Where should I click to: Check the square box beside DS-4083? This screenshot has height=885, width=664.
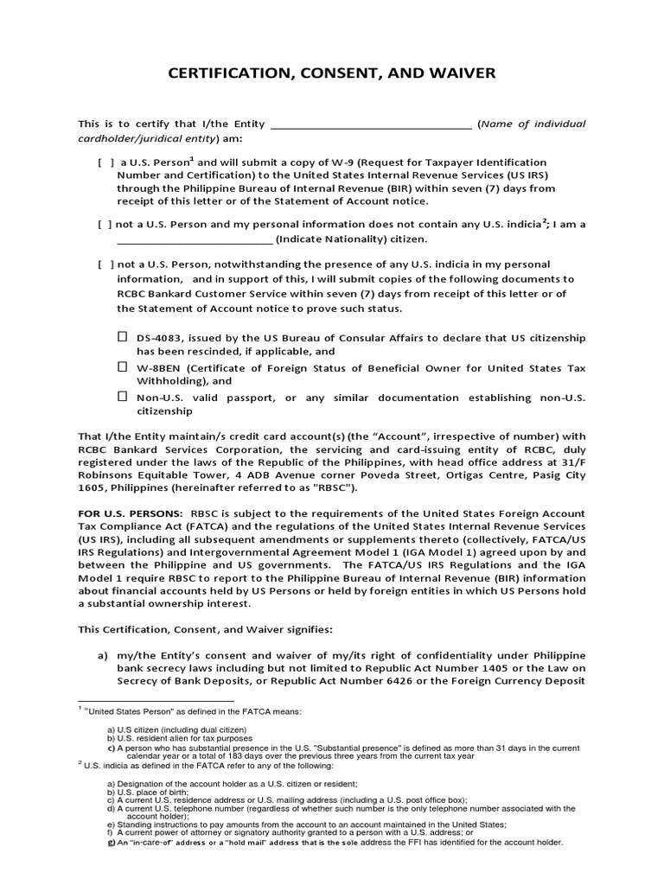click(x=123, y=336)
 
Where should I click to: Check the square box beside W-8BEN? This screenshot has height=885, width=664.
click(x=123, y=367)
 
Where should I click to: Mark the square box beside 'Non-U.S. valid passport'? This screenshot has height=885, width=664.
click(x=123, y=398)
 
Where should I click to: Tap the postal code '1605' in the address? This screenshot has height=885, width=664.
click(x=93, y=487)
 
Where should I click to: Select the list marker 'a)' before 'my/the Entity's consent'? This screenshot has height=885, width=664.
click(x=101, y=655)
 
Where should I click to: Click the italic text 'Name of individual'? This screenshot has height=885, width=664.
click(x=534, y=124)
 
